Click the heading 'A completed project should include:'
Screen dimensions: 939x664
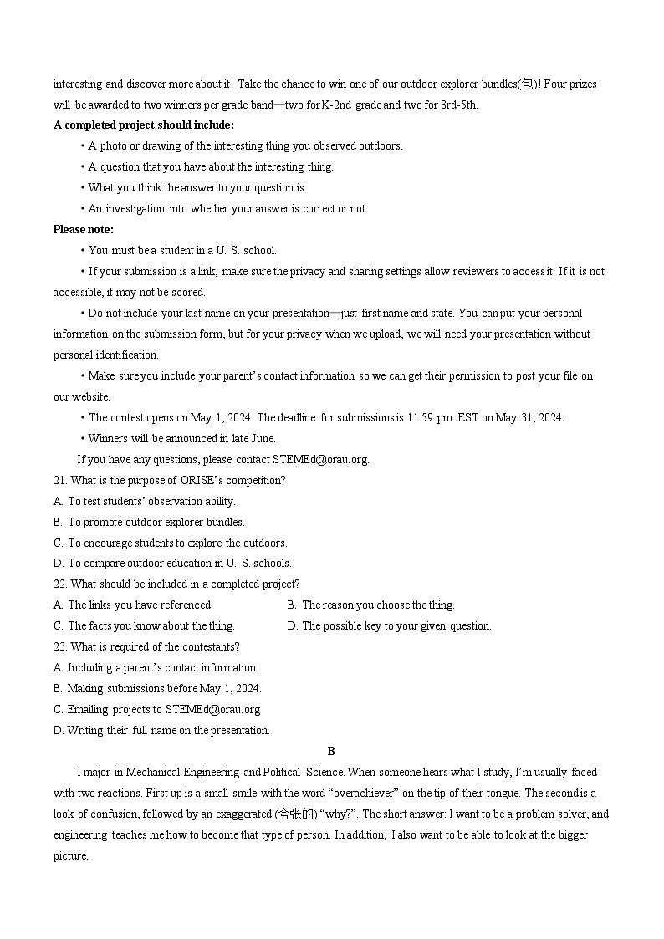click(143, 125)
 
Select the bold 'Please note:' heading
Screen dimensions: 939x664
click(84, 229)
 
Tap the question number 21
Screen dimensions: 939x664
click(59, 480)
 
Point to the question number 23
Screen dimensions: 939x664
click(59, 646)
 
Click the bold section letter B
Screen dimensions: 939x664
click(331, 751)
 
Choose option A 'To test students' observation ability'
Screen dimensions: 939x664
click(144, 501)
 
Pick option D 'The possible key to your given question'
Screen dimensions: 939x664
click(389, 625)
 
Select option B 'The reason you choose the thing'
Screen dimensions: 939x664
click(370, 605)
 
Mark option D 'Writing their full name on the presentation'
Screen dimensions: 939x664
click(161, 730)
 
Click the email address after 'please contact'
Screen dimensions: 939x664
click(319, 459)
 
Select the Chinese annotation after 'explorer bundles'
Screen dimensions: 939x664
click(529, 84)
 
